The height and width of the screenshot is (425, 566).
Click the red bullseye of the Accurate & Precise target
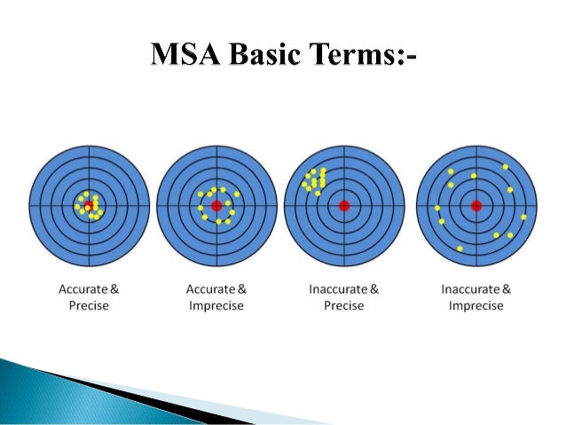(89, 206)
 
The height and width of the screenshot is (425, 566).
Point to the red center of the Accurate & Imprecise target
(216, 206)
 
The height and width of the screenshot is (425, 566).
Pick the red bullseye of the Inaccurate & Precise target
(344, 206)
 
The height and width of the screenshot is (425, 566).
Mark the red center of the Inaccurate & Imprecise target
(476, 206)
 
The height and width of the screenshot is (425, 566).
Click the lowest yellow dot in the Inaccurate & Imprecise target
(460, 248)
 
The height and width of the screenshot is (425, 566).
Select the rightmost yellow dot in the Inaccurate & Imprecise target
(523, 216)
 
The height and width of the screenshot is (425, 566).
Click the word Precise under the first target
(89, 305)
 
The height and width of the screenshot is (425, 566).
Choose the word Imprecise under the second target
(216, 305)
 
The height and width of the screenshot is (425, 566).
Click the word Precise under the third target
(344, 305)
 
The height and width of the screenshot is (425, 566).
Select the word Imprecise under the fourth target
(476, 305)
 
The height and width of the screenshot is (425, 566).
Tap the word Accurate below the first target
(83, 288)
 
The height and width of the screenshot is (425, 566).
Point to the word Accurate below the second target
(210, 288)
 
